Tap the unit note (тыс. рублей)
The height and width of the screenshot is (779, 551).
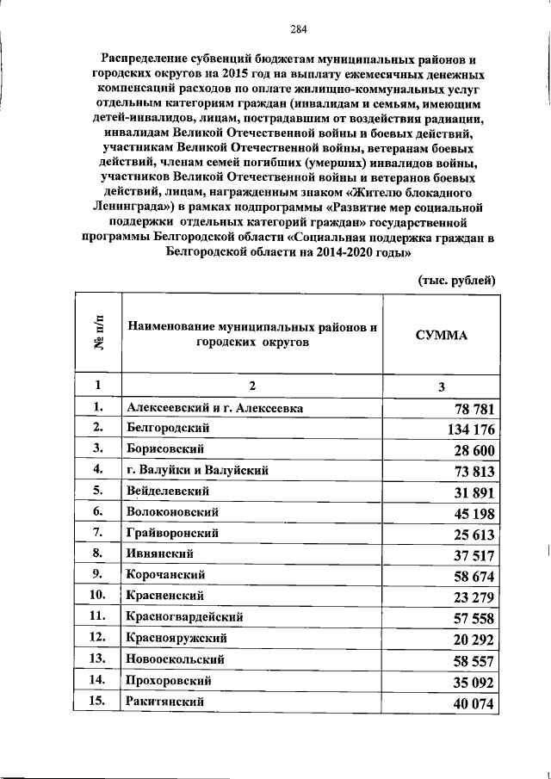pos(456,280)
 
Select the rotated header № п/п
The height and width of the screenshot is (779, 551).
pos(99,335)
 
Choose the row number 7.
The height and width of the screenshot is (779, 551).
pos(99,533)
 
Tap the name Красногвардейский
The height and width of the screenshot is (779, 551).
pos(184,617)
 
